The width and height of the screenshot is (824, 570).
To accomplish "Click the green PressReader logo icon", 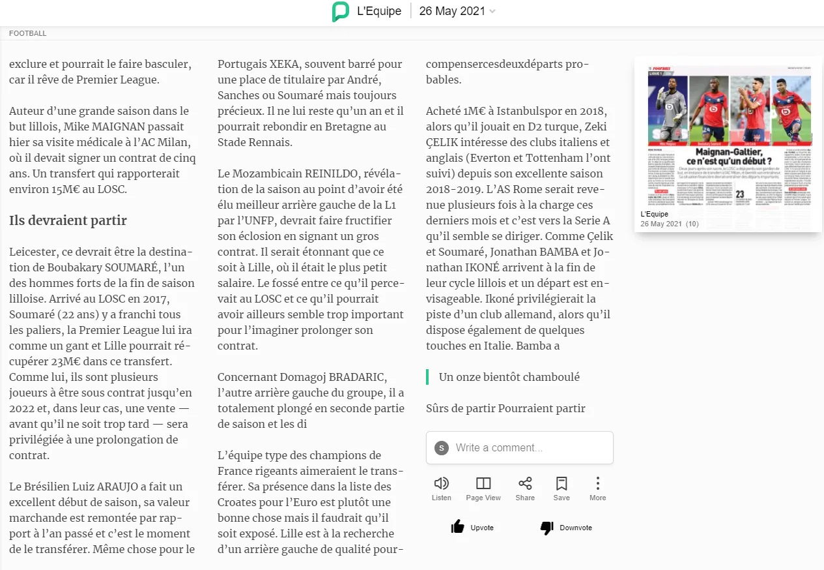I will (x=340, y=12).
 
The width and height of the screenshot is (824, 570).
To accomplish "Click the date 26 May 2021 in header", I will (x=452, y=11).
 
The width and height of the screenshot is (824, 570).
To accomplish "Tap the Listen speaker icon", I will (x=442, y=483).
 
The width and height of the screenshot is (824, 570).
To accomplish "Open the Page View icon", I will (x=483, y=483).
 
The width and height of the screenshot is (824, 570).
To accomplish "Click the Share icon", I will (x=525, y=483).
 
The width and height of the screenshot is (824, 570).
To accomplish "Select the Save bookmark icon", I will (x=561, y=483).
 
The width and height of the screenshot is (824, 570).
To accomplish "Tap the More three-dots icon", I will (x=597, y=483).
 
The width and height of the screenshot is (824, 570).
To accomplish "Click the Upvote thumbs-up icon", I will (x=458, y=527).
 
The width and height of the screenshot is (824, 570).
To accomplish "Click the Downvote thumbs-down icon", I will (x=547, y=527).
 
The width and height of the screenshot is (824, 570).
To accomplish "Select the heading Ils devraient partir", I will (x=68, y=220).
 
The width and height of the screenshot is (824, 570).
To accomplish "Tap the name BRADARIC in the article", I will (x=357, y=377).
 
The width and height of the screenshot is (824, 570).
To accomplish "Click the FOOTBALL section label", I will (x=28, y=33).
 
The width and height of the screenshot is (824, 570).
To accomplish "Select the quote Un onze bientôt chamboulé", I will (x=509, y=377).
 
